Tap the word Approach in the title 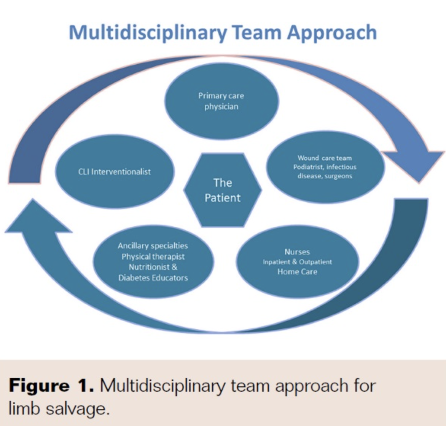(x=332, y=32)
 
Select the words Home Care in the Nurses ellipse (x=297, y=272)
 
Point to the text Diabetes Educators (x=153, y=278)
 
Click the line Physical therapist (x=153, y=256)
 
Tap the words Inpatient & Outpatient (x=297, y=262)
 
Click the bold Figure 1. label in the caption (x=51, y=386)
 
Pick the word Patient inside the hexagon (x=222, y=198)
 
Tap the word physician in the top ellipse (x=221, y=106)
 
